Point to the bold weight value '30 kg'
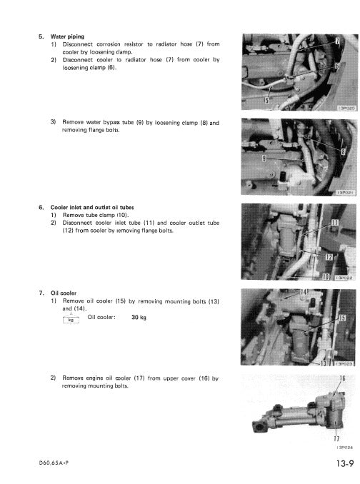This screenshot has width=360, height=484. coord(139,318)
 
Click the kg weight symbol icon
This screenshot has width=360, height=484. coord(70,318)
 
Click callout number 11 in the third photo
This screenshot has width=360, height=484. coord(335,226)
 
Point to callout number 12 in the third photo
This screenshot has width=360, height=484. coord(328,256)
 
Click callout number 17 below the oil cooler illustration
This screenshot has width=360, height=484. coord(336,438)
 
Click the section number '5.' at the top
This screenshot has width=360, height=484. coord(41,36)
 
